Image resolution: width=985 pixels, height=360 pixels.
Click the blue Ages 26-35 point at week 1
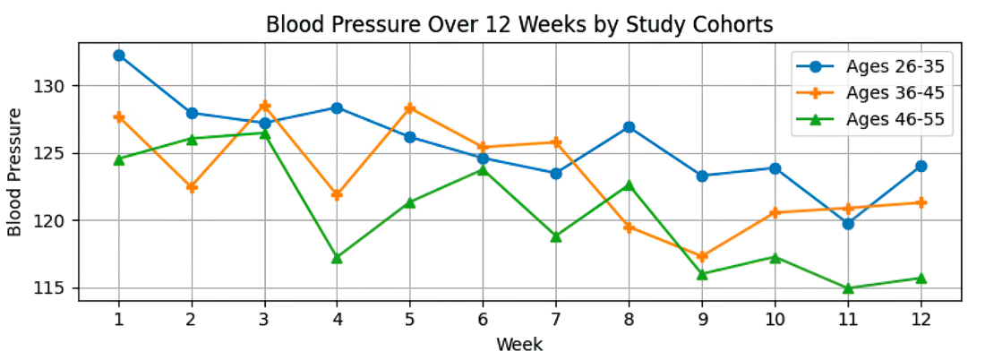119,56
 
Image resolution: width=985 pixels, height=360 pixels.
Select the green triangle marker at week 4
337,258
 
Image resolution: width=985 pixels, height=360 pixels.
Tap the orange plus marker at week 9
702,256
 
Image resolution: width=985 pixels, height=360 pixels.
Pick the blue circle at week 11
848,224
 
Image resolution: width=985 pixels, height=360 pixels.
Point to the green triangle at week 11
848,287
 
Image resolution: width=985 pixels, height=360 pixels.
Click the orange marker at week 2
192,187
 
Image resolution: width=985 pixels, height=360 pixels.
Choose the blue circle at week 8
629,127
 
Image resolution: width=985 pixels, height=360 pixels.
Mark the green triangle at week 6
483,169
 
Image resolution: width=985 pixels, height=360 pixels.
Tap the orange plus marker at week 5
410,108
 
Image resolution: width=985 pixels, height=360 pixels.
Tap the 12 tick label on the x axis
921,319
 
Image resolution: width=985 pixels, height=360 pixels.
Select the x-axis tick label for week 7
556,319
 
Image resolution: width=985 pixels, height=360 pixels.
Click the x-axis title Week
518,344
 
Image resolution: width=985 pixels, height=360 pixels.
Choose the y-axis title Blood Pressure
15,172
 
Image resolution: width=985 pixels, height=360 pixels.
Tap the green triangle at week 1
119,159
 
